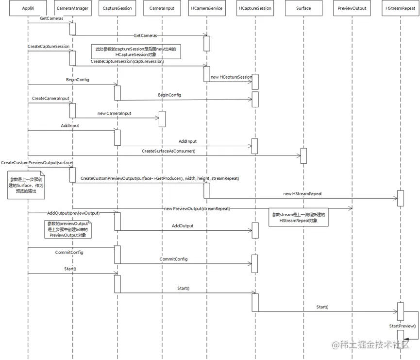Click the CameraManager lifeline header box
point(72,8)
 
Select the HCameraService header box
point(207,8)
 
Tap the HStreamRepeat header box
point(400,8)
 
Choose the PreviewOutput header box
point(353,8)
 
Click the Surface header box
point(303,8)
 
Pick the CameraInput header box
point(162,8)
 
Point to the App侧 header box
point(28,8)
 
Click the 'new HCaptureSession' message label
point(231,77)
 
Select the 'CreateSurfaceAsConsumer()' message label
point(168,151)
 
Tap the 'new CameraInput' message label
point(115,113)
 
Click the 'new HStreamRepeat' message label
point(302,193)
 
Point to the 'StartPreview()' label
point(402,326)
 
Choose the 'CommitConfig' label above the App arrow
point(69,253)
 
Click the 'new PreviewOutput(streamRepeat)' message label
point(197,208)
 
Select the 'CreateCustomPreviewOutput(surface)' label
point(37,162)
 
